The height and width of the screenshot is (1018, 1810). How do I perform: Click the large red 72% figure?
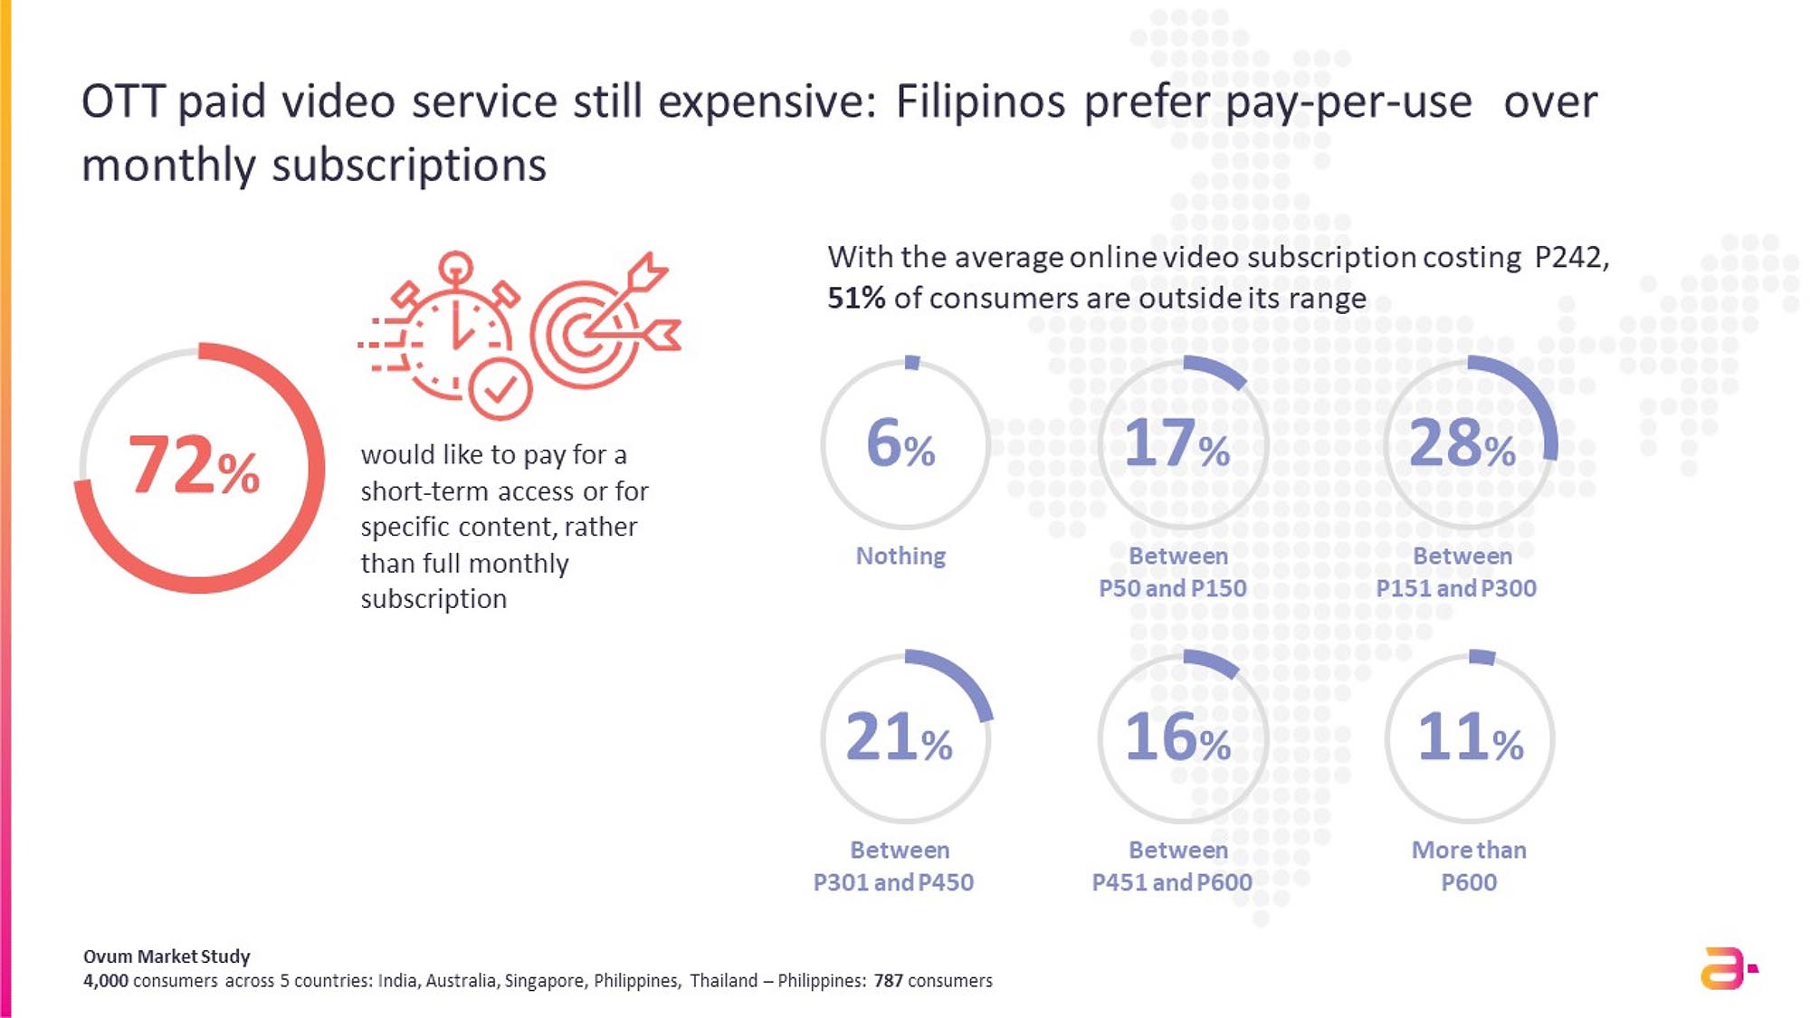(x=194, y=465)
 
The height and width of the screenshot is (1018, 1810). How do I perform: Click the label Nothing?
(x=900, y=556)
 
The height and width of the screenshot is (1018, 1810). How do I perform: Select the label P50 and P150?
(x=1173, y=588)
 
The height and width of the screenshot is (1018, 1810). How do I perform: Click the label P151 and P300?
(x=1456, y=588)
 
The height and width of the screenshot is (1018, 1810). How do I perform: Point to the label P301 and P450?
(x=893, y=882)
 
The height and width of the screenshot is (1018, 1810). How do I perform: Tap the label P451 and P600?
(x=1172, y=882)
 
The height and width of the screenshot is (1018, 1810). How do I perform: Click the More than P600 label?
(x=1469, y=866)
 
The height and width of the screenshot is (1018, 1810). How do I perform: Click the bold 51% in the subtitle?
(x=856, y=299)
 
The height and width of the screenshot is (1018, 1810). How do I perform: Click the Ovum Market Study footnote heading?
(x=167, y=956)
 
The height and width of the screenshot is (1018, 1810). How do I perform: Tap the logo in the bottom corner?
(x=1727, y=968)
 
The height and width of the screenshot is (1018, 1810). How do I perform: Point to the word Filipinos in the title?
(x=980, y=101)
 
